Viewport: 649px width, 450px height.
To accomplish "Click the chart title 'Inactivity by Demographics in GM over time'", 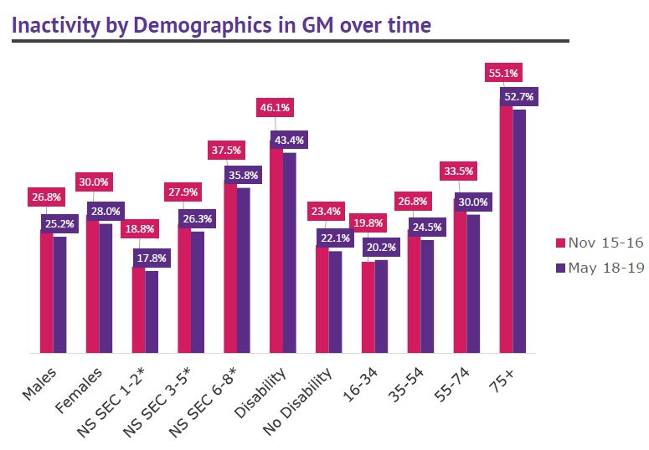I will click(x=222, y=25).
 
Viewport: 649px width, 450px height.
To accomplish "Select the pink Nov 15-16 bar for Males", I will click(x=47, y=293).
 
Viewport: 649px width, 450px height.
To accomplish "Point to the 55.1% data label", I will click(x=503, y=74).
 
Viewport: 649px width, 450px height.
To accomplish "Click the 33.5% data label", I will click(x=457, y=171).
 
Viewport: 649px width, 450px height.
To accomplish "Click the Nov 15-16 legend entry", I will click(x=598, y=243).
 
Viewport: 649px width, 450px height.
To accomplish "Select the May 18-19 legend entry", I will click(x=598, y=268).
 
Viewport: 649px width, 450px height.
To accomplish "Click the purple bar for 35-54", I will click(x=428, y=297).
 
